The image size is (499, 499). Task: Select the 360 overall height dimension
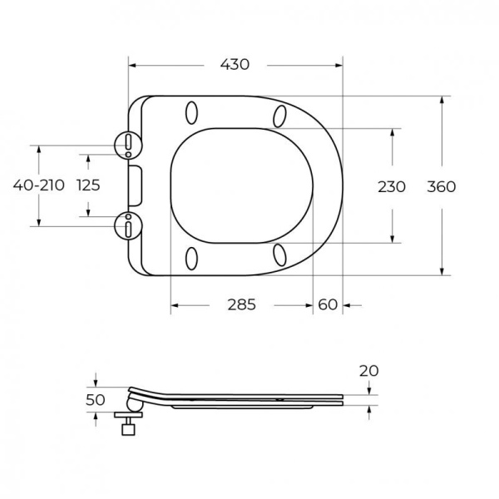coord(442,186)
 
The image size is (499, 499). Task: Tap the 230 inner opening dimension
coord(392,186)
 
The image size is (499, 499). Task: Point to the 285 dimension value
coord(240,304)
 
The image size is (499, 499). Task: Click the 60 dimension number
coord(328,304)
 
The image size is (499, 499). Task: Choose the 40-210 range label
coord(39,185)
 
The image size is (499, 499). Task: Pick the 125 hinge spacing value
coord(88,185)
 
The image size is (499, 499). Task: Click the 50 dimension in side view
coord(96,400)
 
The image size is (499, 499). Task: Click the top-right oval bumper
coord(279,115)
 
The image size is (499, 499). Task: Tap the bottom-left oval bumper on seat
coord(193,258)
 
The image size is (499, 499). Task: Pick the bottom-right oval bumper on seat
coord(279,255)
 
